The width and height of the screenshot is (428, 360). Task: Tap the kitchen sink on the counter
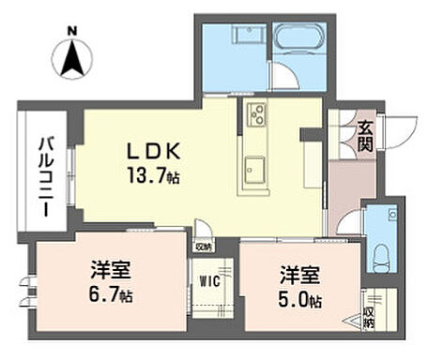[254, 170]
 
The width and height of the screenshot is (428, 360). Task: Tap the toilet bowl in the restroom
[380, 254]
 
